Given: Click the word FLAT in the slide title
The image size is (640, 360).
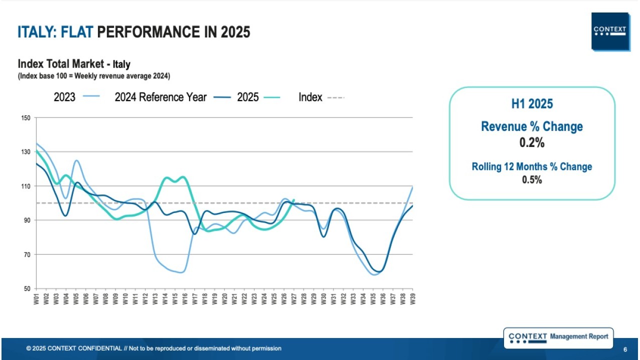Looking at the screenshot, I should tap(77, 32).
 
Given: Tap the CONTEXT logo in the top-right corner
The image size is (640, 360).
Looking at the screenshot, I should tap(609, 31).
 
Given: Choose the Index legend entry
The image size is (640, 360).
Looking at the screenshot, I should tap(321, 97).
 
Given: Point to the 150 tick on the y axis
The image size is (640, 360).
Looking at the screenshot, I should tap(26, 118).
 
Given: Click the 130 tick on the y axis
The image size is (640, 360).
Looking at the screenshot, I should tap(26, 152).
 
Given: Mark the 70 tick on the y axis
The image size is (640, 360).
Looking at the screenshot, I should tap(26, 254).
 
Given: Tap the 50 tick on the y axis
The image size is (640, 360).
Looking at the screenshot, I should tap(26, 288).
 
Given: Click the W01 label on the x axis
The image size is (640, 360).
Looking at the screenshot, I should tap(36, 298).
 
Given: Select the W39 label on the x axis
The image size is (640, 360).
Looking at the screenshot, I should tap(412, 298).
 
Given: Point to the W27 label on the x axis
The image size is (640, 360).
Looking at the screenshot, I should tap(294, 298).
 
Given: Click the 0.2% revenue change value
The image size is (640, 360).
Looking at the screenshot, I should tap(531, 142).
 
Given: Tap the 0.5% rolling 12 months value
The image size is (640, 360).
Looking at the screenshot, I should tap(531, 180).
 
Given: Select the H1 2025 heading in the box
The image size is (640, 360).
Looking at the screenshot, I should tap(531, 103).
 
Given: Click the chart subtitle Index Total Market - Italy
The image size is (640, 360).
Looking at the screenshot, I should tap(74, 64).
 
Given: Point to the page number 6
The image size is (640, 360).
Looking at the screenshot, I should tap(625, 348).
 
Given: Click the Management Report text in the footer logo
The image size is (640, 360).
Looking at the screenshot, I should tap(579, 336).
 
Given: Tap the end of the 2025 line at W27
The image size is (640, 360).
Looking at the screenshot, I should tap(294, 200).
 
